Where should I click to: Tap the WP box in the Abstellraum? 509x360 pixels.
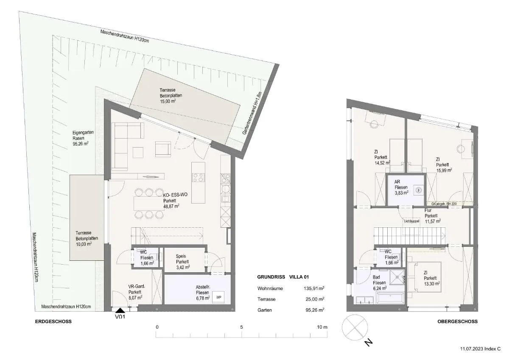tap(218, 297)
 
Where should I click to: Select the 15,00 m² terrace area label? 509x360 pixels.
tap(168, 101)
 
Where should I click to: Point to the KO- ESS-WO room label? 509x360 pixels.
tap(175, 195)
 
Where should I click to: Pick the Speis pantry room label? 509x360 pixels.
tap(181, 257)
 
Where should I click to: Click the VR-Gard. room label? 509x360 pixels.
tap(137, 286)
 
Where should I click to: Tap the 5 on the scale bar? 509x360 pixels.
tap(241, 327)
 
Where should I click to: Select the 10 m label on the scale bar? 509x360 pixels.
tap(322, 327)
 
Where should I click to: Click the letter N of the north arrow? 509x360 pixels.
tap(368, 342)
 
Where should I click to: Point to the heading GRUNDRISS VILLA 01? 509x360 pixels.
tap(283, 277)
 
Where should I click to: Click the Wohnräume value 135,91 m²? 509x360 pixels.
tap(314, 288)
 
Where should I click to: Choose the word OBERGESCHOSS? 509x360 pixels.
tap(457, 321)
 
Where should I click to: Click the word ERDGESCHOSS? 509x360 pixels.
tap(53, 321)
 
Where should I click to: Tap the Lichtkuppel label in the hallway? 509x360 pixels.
tap(411, 221)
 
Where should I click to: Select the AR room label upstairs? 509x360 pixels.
tap(397, 182)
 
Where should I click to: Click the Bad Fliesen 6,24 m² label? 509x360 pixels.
tap(380, 283)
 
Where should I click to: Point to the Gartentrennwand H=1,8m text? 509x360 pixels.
tap(252, 113)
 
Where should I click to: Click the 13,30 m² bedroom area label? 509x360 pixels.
tap(432, 284)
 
